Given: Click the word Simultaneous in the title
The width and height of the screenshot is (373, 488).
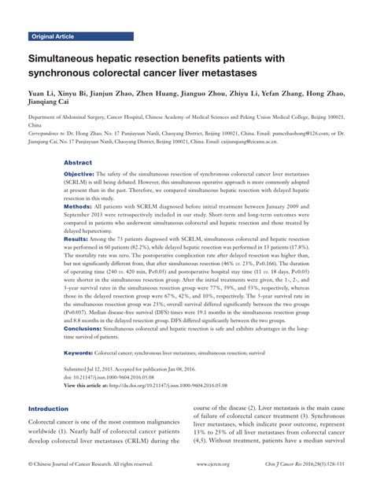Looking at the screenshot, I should (x=67, y=59).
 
